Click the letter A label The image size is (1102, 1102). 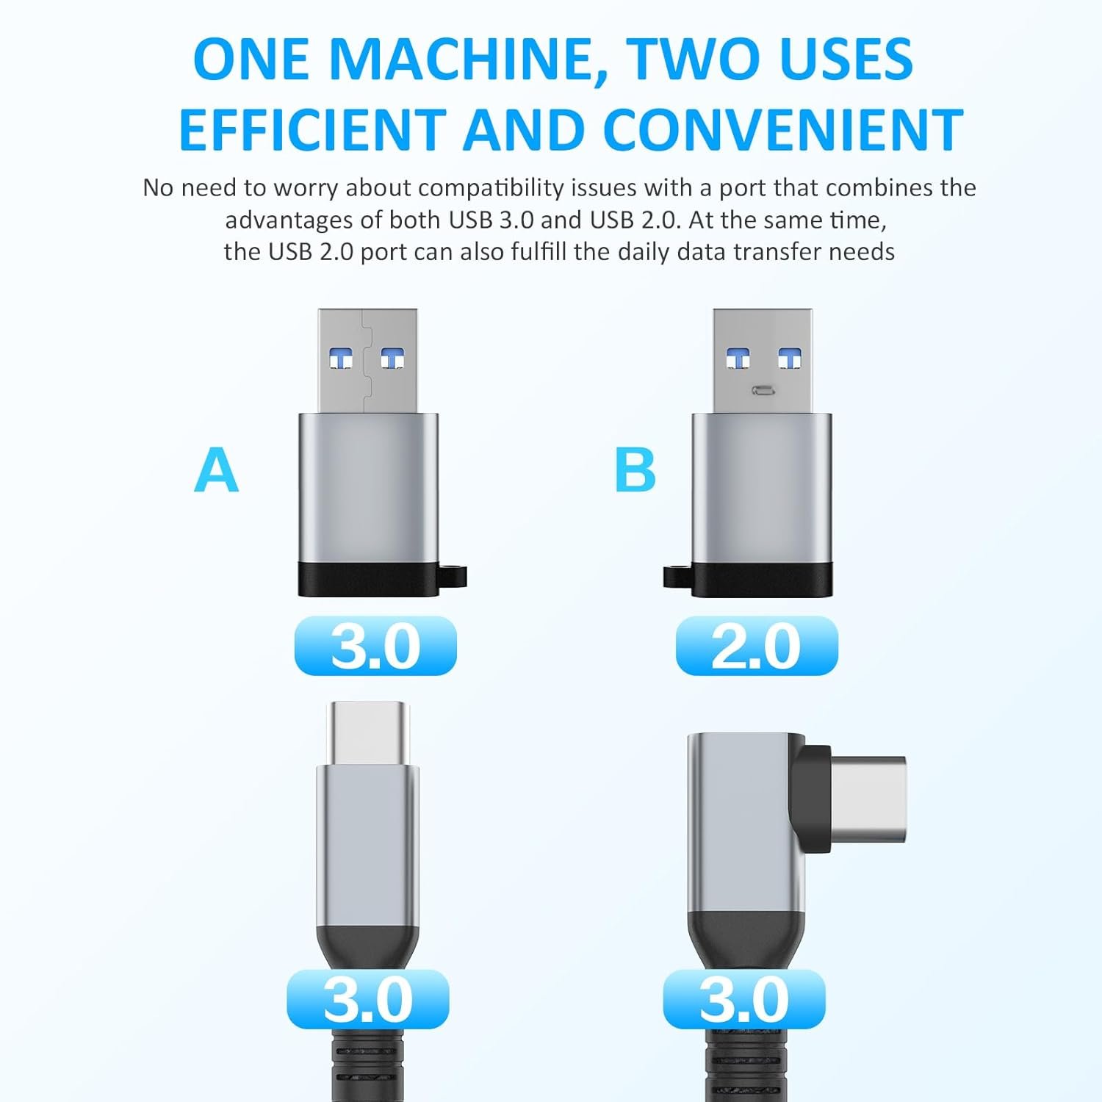(217, 470)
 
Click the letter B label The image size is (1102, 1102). (635, 470)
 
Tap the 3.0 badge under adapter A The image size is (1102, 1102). (375, 646)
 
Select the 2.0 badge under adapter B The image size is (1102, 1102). (757, 646)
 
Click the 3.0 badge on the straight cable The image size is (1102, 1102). (368, 999)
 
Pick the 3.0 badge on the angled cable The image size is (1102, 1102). (744, 999)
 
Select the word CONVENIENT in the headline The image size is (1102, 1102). (783, 129)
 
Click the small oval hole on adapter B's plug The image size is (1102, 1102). (762, 390)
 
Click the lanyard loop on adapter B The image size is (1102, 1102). (677, 576)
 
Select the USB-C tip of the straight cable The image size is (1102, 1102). (368, 733)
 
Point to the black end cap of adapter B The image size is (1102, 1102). (763, 580)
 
